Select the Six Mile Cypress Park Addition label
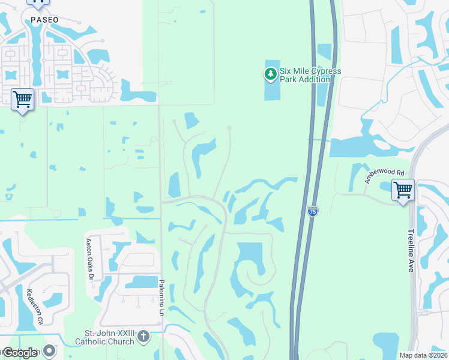[x=310, y=75]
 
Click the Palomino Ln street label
[x=161, y=298]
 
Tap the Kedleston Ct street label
[x=35, y=307]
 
